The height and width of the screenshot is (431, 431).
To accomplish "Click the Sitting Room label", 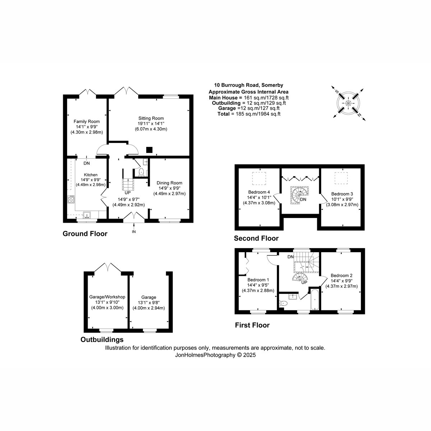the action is (151, 118).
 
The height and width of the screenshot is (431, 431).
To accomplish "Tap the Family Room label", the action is (87, 121).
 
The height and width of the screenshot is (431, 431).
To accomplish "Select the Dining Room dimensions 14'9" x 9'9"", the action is (169, 188).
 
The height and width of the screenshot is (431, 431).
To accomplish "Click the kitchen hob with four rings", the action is (71, 199).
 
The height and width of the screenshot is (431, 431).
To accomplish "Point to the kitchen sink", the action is (87, 215).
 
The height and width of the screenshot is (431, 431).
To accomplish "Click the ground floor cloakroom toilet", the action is (141, 172).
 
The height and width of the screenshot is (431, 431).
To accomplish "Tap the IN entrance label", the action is (134, 232).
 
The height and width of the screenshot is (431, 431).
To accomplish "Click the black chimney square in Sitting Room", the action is (149, 150).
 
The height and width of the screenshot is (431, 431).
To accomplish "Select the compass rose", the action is (348, 103).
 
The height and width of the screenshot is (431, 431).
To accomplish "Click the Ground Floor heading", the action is (85, 234).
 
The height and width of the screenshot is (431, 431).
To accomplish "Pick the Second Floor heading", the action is (256, 238).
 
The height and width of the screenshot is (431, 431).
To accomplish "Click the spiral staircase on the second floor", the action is (300, 195).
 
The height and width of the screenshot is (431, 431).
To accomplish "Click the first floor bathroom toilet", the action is (283, 303).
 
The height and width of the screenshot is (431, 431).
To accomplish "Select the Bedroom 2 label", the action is (341, 275).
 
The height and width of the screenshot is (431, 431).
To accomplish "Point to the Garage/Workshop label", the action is (107, 297).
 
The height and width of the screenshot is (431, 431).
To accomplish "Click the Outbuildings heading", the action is (102, 339).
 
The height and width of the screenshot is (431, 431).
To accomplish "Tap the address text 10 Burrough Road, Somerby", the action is (249, 85).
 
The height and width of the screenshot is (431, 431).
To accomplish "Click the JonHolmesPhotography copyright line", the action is (215, 355).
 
